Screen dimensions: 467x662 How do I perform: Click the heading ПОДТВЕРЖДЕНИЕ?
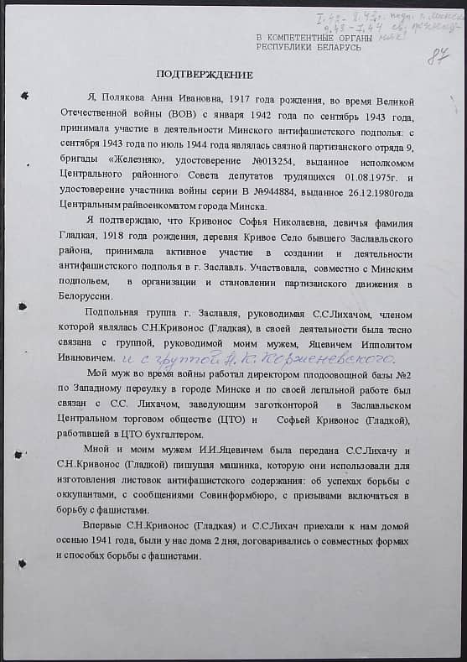(x=194, y=74)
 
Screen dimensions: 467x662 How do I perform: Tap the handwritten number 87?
(x=437, y=56)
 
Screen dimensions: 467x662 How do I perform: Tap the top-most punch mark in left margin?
(x=24, y=96)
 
